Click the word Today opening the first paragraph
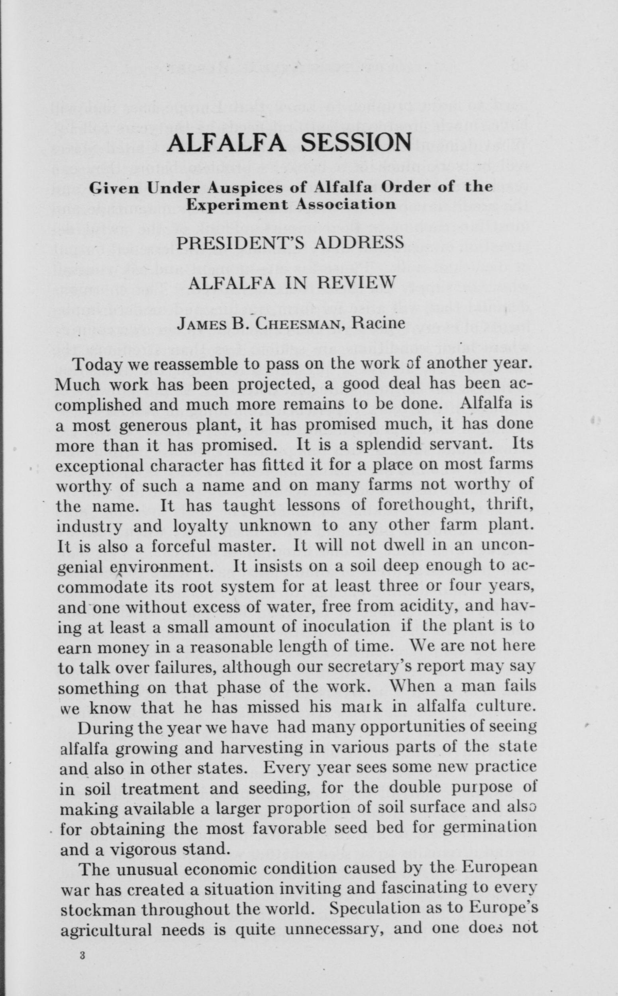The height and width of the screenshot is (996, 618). (97, 364)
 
